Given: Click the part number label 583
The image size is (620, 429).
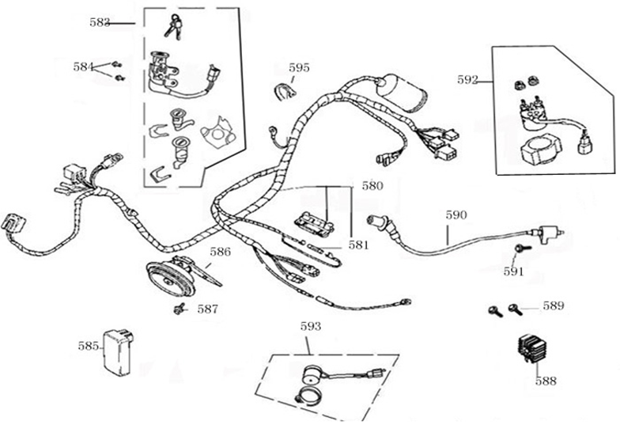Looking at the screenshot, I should coord(100,23).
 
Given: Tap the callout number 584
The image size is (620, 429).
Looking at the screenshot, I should coord(83,67).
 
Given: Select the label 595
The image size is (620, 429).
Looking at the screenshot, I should coord(299,68).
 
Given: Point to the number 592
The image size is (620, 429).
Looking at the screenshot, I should coord(468,79).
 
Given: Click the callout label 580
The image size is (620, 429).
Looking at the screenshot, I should coord(372,187).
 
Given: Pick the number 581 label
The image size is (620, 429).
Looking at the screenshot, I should coord(358,245).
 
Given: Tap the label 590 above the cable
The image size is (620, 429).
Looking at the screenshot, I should coord(456,214).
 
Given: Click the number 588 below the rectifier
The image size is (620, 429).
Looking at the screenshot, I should coord(546,381).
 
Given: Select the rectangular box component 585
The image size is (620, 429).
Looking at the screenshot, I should coord(119,349).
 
